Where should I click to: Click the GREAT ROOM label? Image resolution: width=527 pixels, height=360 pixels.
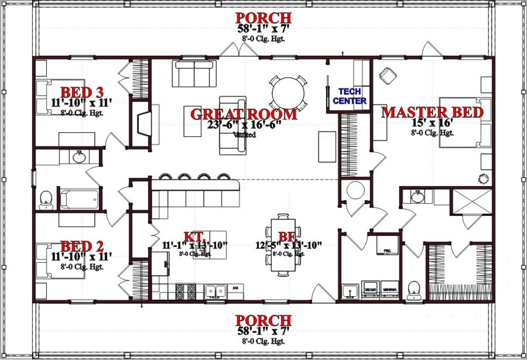[243, 114]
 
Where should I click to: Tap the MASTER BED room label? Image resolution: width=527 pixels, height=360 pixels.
[432, 113]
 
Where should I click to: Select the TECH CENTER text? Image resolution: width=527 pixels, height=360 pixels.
[349, 96]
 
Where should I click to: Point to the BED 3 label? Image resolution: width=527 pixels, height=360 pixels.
[82, 93]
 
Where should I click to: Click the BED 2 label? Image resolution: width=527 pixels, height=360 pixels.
[82, 245]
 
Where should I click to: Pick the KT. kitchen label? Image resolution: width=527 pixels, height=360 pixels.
[195, 237]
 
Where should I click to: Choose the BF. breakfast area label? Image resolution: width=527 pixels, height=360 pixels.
[285, 237]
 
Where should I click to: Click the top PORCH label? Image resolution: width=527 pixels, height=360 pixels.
[263, 18]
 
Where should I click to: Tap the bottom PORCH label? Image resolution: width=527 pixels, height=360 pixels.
[263, 320]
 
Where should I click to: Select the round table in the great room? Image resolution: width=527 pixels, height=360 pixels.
[288, 93]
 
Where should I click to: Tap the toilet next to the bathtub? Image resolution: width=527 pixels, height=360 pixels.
[46, 200]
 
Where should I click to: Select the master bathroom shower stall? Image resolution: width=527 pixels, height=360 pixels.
[471, 201]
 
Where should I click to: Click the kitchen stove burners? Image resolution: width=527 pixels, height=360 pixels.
[185, 291]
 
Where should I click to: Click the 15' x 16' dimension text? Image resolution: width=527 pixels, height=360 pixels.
[432, 124]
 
